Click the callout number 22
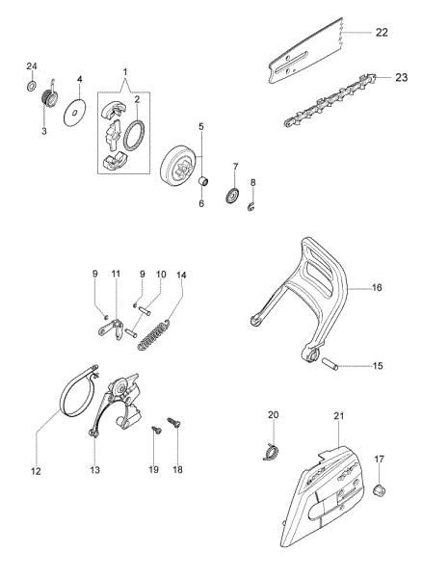382,33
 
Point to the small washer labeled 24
31,87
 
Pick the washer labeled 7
232,198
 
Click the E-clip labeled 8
252,207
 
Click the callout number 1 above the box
124,72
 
